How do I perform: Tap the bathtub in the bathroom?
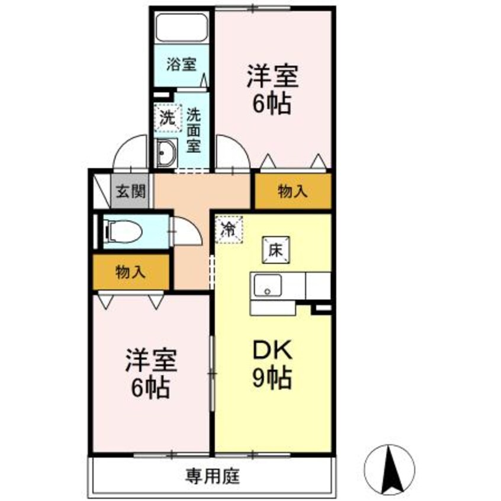coord(181,27)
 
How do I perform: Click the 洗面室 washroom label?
coord(194,129)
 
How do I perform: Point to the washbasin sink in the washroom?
coord(166,153)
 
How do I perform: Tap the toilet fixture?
coord(122,230)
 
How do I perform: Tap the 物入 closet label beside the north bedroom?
coord(293,191)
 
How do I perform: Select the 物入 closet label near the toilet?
coord(130,272)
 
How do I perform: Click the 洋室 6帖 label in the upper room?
coord(272,90)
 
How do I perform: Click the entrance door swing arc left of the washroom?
coord(130,153)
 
